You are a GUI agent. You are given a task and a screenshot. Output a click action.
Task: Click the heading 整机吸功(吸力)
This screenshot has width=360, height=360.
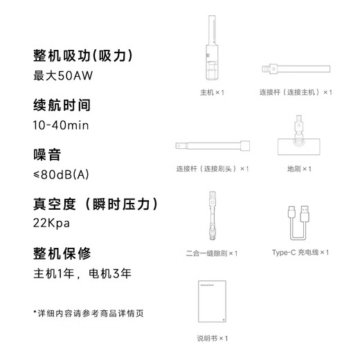point(82,55)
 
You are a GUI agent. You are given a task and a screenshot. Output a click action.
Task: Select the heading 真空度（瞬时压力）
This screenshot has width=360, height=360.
point(96,204)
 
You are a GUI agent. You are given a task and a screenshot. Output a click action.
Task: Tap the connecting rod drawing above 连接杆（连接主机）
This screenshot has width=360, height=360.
point(295,69)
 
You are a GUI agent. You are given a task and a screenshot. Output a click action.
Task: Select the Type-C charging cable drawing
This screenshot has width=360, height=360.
point(299,222)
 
